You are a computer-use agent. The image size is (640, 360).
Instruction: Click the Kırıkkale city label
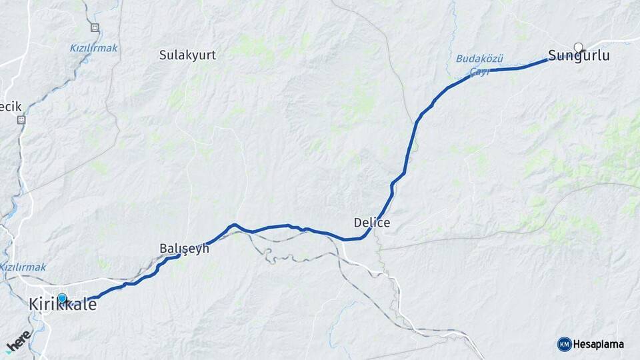tap(63, 305)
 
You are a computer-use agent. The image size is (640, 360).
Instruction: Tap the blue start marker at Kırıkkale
tap(62, 298)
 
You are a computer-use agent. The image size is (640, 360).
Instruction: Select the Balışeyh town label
tap(184, 248)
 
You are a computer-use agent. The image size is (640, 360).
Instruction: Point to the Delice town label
tap(371, 223)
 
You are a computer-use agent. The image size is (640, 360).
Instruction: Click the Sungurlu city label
tap(578, 56)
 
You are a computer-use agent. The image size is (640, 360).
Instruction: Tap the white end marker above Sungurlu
tap(578, 47)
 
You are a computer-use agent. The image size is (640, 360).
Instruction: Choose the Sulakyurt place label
tap(187, 55)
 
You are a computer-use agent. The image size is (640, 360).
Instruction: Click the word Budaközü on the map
tap(479, 59)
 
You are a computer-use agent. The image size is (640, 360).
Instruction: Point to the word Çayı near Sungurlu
tap(479, 71)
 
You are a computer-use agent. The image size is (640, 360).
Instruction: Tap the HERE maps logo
tap(19, 341)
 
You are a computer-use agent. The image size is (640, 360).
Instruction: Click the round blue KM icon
tap(564, 344)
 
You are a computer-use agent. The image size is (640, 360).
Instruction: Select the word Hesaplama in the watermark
tap(599, 345)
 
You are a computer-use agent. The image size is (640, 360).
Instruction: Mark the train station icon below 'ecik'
tap(21, 120)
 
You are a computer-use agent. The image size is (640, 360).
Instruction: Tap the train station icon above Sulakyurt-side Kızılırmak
tap(95, 28)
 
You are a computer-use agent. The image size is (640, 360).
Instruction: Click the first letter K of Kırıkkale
tap(33, 305)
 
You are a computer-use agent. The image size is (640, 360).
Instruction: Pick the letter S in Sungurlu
tap(552, 56)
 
